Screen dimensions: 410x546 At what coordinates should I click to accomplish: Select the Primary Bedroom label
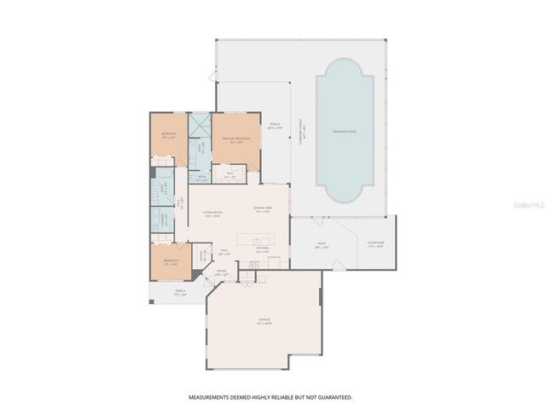(236, 139)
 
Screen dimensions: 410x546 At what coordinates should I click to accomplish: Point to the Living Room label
(212, 214)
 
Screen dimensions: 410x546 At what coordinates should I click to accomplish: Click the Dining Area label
(263, 210)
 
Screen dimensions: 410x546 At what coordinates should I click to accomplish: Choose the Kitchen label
(262, 250)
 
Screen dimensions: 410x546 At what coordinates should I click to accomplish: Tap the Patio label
(322, 244)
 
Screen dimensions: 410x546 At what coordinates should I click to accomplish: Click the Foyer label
(222, 273)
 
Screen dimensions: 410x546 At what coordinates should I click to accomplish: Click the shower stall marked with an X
(199, 126)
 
